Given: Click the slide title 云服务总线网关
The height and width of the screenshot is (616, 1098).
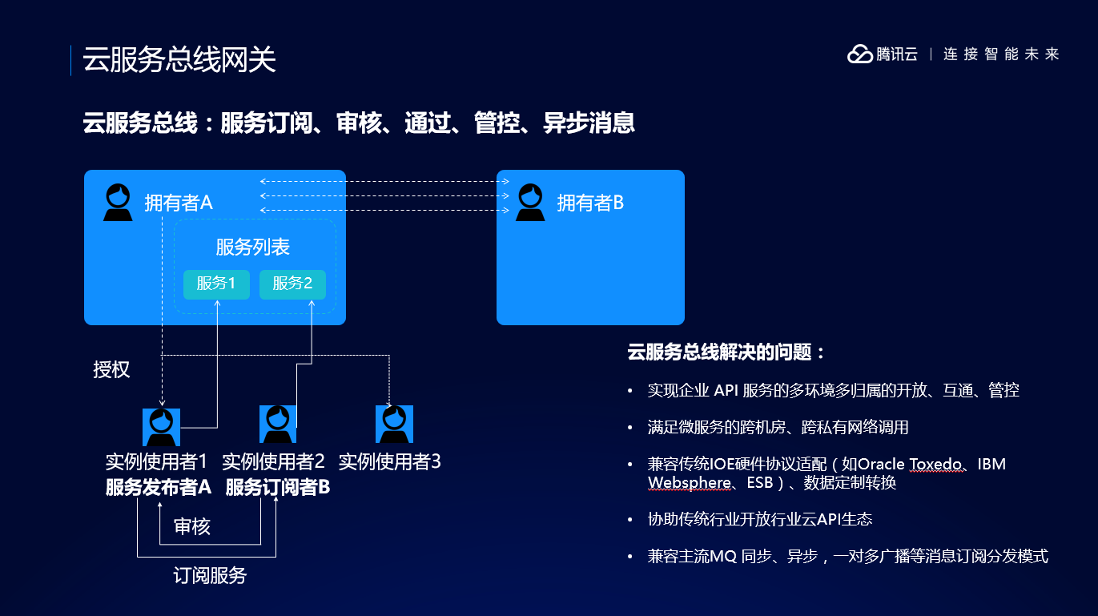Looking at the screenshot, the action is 179,60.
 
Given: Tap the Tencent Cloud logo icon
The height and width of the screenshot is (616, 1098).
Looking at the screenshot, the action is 859,54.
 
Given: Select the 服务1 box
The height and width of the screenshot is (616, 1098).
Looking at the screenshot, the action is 216,284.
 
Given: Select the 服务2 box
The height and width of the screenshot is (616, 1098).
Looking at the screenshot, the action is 292,284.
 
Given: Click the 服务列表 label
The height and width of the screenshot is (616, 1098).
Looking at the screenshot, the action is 252,247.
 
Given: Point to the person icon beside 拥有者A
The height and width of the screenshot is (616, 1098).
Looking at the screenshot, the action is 119,203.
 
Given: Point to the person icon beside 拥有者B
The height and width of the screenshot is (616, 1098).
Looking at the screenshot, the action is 529,203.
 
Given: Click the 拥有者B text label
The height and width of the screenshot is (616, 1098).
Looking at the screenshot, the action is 590,203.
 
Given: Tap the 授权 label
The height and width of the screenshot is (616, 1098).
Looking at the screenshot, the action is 111,370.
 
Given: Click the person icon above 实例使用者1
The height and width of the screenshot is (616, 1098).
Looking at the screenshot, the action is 161,427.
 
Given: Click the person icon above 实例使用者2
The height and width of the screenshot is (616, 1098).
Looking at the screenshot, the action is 278,424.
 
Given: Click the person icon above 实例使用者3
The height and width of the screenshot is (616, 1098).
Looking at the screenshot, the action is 394,425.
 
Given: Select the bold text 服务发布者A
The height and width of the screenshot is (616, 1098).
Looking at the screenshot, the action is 159,487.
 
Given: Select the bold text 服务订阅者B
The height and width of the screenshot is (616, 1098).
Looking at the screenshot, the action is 278,487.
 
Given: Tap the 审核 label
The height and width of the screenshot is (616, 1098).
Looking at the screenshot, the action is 192,526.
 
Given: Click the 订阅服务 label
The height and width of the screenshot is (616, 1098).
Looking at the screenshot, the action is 210,575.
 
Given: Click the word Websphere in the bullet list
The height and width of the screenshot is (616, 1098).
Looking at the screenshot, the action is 689,483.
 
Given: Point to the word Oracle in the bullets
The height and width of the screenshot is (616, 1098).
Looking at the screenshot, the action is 881,464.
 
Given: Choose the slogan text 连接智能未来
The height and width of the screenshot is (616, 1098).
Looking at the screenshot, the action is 1001,54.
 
